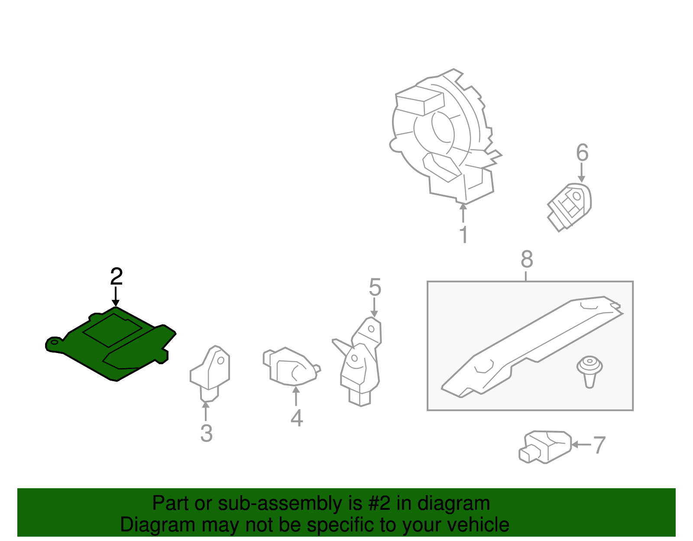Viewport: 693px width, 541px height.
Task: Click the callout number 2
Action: [117, 276]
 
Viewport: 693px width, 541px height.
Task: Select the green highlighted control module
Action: [110, 344]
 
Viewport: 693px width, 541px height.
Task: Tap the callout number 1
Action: [464, 234]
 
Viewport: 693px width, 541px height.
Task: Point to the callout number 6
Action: [582, 152]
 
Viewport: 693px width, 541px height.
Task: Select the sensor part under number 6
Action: [569, 207]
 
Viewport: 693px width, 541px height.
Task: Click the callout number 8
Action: [527, 259]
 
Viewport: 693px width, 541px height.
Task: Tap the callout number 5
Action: [375, 287]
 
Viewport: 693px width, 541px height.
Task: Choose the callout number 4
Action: [297, 418]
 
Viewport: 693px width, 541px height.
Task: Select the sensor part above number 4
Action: [291, 366]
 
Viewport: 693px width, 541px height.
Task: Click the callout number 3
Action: [206, 434]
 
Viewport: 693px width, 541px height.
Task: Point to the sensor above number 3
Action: [210, 373]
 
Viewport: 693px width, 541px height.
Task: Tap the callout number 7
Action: [599, 445]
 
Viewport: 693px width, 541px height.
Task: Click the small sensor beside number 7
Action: [545, 447]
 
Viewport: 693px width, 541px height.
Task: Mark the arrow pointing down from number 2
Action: [116, 297]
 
